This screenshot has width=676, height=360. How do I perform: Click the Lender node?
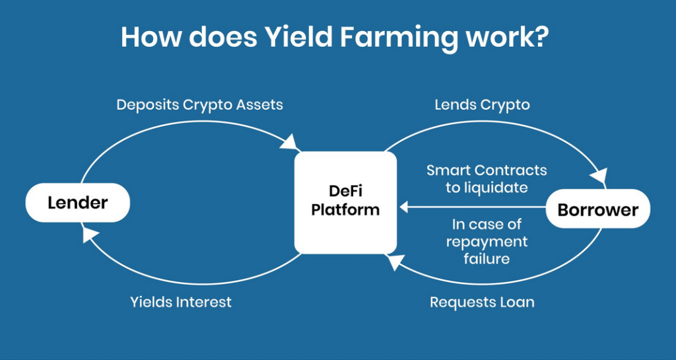click(77, 202)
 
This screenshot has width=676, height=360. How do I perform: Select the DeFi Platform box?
click(345, 201)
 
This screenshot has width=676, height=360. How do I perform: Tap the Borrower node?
click(598, 210)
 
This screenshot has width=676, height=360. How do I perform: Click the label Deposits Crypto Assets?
click(199, 105)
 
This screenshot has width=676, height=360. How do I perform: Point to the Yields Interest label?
click(181, 302)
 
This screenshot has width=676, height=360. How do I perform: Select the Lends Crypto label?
click(482, 105)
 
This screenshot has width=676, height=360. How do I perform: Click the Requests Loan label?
click(482, 302)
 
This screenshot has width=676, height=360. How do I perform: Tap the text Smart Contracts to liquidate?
click(487, 178)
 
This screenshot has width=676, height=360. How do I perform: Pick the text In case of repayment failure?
click(487, 242)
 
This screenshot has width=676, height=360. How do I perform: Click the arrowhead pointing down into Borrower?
click(599, 178)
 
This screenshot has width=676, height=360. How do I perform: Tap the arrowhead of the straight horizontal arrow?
click(404, 207)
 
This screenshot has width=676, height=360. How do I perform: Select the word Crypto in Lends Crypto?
click(506, 105)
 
